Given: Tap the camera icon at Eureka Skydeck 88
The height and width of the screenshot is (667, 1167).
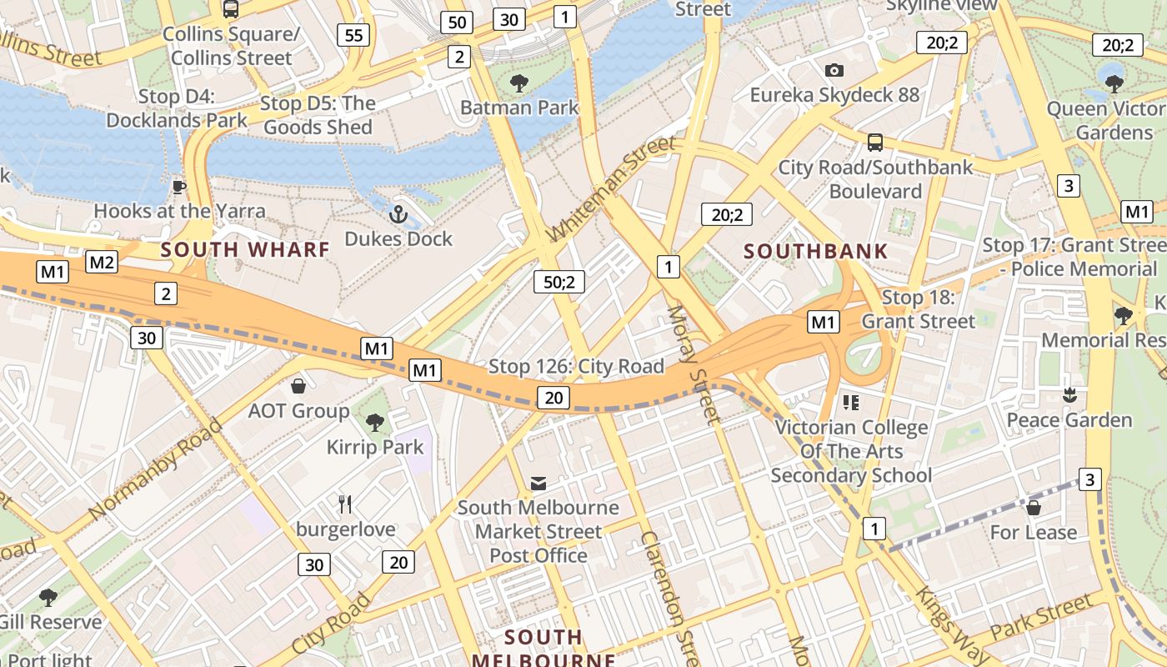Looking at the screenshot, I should click(834, 71).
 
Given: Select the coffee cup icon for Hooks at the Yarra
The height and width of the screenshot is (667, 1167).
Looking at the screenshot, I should click(178, 186).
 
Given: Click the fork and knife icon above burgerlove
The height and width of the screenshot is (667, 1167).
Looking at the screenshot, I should click(345, 504).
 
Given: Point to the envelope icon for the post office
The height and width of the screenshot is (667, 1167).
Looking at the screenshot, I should click(538, 484).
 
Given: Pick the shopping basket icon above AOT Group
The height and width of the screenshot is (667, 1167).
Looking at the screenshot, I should click(298, 386).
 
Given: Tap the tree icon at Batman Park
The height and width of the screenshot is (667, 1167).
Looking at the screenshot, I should click(519, 83).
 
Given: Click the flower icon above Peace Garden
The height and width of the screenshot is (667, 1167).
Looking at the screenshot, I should click(1069, 394).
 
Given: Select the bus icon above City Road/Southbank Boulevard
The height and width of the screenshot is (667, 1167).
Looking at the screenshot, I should click(874, 143).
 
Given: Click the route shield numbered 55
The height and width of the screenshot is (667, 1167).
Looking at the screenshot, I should click(354, 34).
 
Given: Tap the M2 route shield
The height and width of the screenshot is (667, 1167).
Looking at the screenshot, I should click(102, 263).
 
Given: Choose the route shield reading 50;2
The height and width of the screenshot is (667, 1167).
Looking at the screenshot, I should click(559, 282).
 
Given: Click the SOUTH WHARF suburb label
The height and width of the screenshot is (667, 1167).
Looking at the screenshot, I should click(245, 249).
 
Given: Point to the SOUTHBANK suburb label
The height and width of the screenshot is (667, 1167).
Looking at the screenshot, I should click(815, 251).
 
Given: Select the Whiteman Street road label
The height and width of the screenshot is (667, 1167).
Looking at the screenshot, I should click(611, 189).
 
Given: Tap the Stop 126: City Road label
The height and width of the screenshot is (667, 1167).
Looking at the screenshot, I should click(576, 366).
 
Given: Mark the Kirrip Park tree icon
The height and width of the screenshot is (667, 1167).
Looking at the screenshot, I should click(375, 423).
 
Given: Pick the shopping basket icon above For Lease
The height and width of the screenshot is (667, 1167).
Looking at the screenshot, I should click(1034, 507).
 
